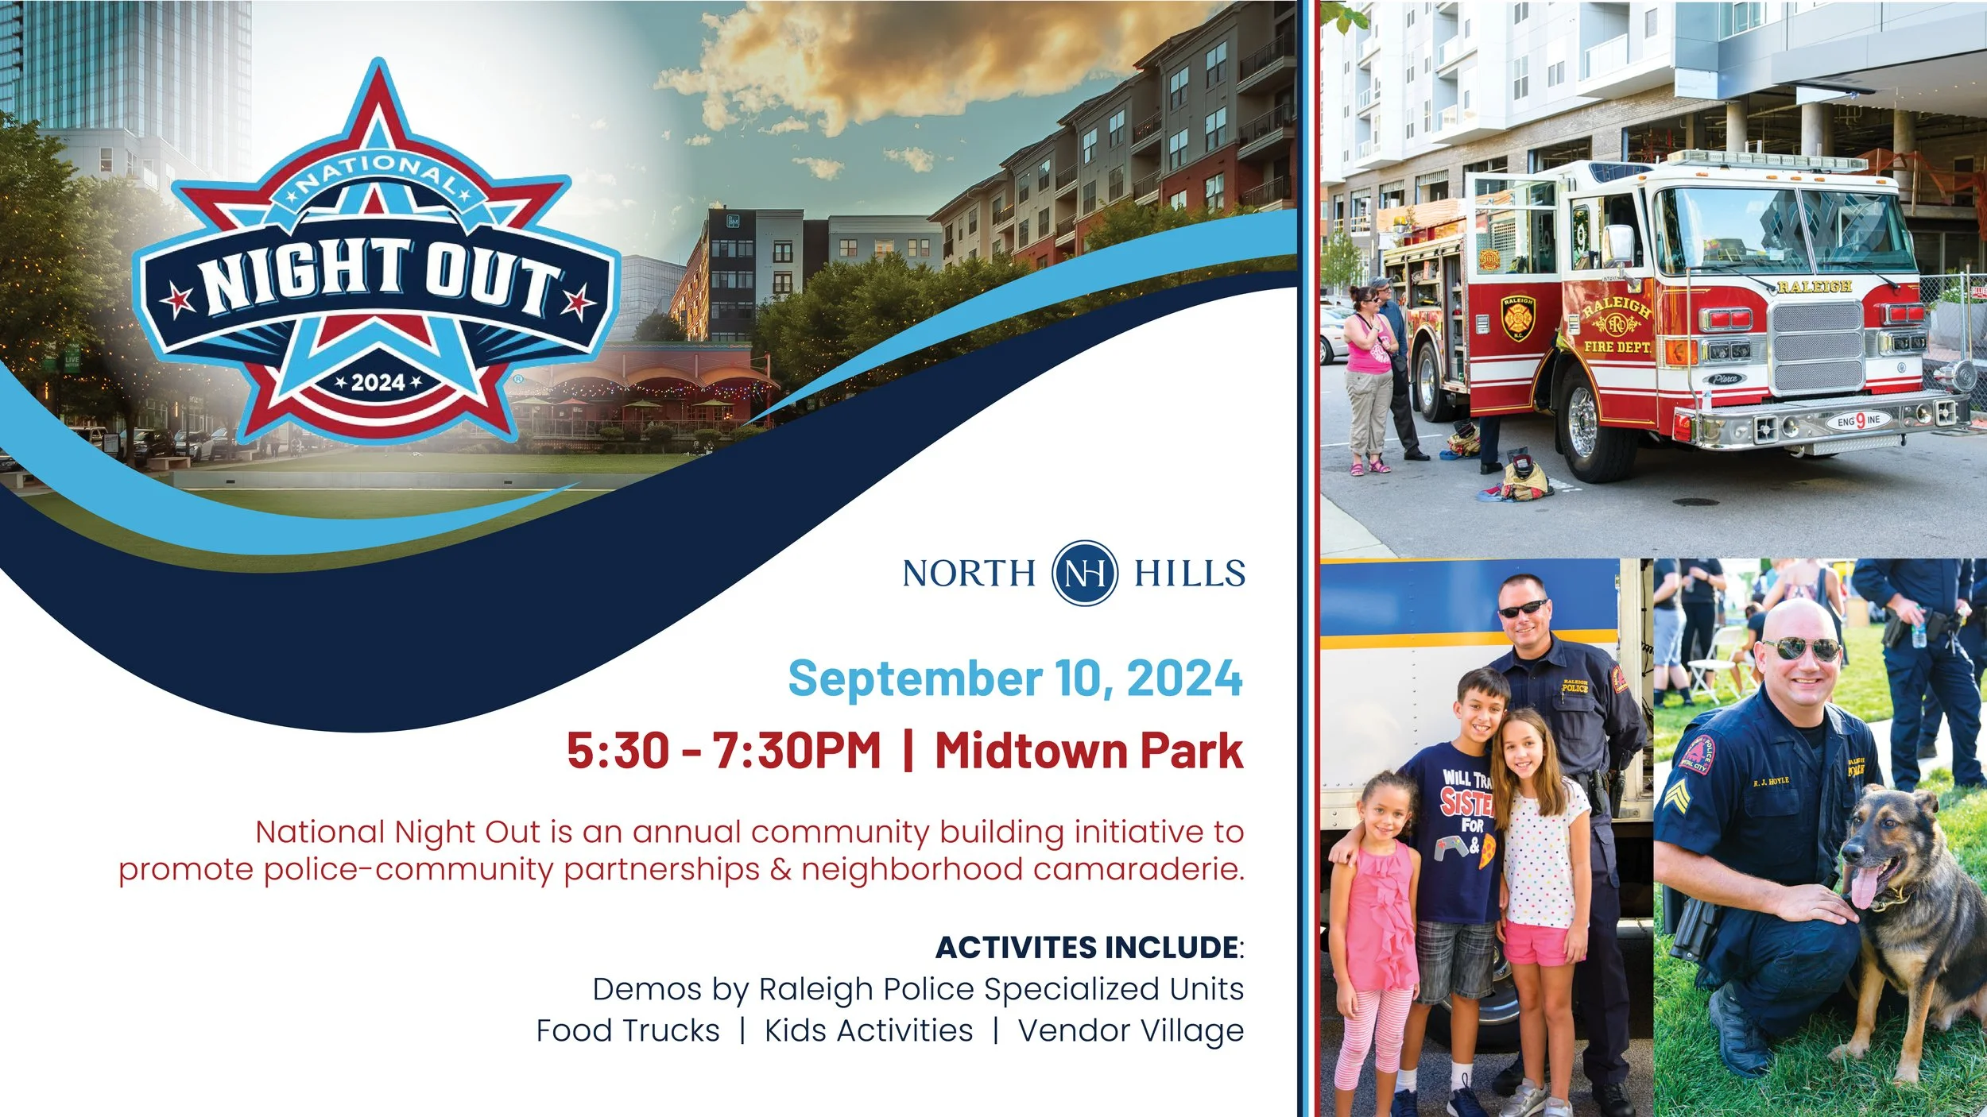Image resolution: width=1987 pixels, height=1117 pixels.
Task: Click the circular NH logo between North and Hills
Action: pos(1084,573)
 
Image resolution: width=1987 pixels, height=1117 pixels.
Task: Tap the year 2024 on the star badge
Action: pos(378,383)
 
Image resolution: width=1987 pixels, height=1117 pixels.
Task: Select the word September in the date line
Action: pos(914,679)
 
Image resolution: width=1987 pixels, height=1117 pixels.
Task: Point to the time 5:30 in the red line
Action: pos(618,751)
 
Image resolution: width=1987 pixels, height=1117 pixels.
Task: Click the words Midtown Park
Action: pos(1088,751)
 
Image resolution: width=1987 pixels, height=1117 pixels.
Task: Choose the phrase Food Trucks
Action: pos(627,1031)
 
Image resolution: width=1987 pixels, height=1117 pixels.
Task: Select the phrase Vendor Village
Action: pos(1130,1031)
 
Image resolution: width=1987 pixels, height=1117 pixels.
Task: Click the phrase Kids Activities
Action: pos(868,1031)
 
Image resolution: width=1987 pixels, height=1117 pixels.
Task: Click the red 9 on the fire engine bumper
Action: pos(1860,419)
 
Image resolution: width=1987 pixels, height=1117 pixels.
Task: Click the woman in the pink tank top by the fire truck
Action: pos(1369,373)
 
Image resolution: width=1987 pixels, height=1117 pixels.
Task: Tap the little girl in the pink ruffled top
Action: pos(1379,914)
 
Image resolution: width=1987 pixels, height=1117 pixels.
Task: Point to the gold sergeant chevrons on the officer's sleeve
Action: pos(1671,794)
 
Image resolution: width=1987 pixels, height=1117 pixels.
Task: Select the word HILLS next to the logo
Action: pos(1189,574)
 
